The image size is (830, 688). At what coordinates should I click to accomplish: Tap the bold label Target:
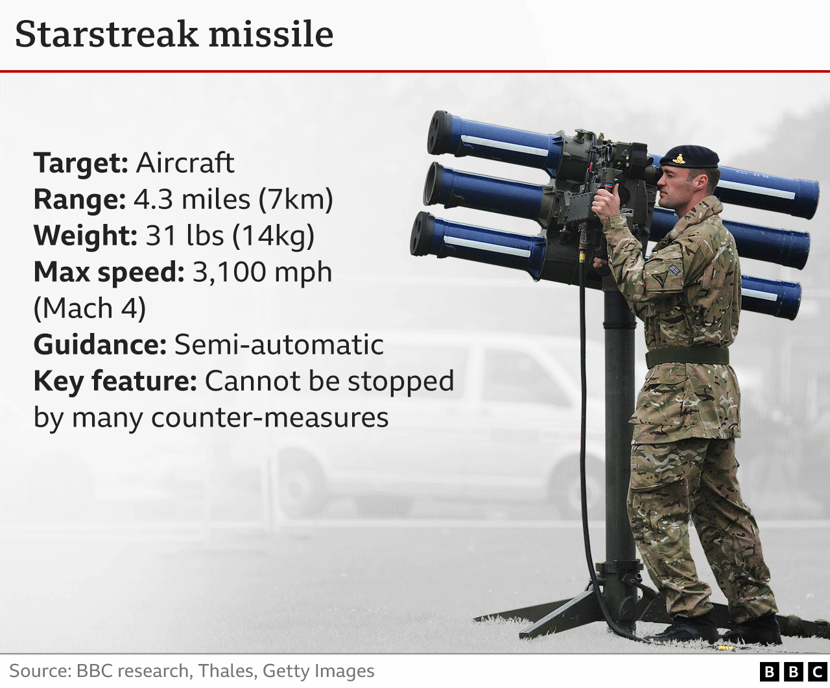click(80, 163)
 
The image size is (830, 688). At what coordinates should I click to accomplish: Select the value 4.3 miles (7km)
click(233, 199)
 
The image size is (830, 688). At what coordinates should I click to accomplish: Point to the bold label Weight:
click(85, 236)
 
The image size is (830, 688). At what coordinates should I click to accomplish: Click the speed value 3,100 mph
click(262, 272)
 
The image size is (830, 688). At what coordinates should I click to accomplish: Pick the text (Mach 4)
click(89, 308)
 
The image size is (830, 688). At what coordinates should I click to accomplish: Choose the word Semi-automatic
click(279, 345)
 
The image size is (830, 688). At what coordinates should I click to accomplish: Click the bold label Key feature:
click(115, 381)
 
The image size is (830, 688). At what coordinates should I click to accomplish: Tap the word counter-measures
click(270, 417)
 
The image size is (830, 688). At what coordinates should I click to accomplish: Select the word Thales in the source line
click(226, 671)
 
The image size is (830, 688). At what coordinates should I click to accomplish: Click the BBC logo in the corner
click(793, 672)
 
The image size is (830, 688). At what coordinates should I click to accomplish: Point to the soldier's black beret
click(690, 156)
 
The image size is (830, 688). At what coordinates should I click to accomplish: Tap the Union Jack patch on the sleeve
click(674, 269)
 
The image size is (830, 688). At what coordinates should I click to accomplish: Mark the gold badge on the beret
click(678, 158)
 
